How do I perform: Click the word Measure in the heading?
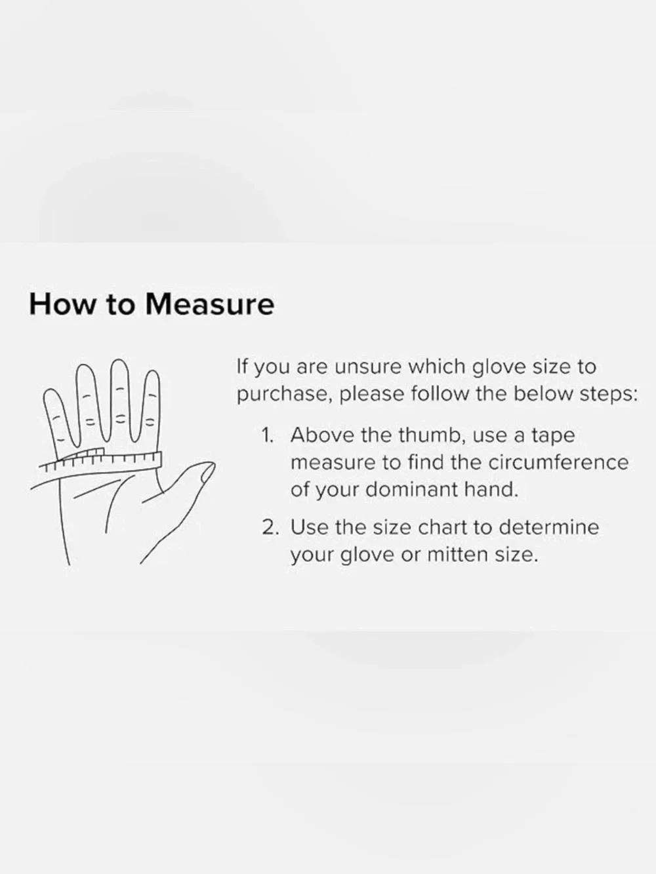(x=209, y=305)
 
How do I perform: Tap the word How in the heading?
(x=62, y=305)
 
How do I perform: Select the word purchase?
(x=285, y=395)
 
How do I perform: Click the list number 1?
(x=267, y=435)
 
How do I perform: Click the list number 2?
(x=269, y=528)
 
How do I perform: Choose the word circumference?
(x=558, y=463)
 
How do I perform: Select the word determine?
(x=549, y=528)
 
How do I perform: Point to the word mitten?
(x=457, y=555)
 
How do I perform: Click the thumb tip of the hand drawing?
(x=209, y=470)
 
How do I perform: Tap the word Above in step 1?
(x=323, y=435)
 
